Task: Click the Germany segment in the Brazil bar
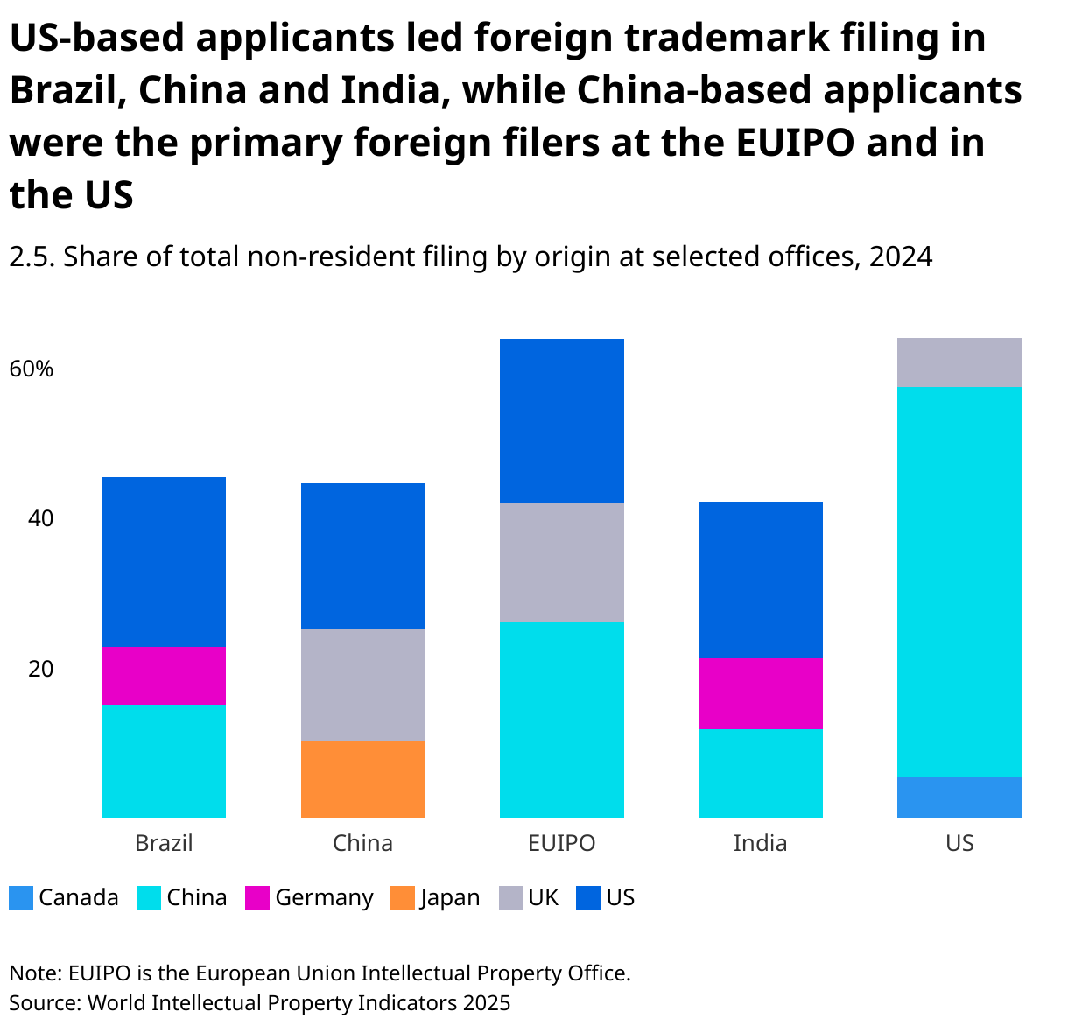pos(164,676)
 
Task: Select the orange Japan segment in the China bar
pos(362,779)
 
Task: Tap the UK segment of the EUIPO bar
pos(561,562)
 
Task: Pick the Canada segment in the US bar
pos(959,797)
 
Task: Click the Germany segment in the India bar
pos(760,693)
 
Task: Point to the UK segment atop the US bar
pos(959,362)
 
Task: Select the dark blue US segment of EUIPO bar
pos(561,421)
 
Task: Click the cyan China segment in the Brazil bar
pos(164,761)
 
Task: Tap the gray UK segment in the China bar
pos(362,685)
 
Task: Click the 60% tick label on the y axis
pos(32,369)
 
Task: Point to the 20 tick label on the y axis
pos(40,669)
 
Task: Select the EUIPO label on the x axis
pos(561,843)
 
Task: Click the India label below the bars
pos(760,843)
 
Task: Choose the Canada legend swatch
pos(21,898)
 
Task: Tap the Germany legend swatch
pos(257,898)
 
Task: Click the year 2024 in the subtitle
pos(901,256)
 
